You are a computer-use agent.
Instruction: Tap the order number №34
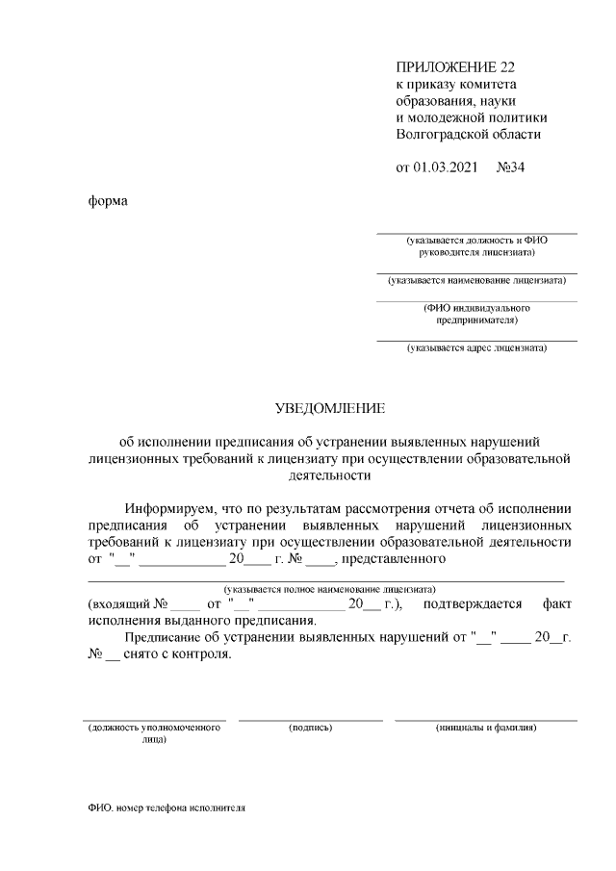(511, 167)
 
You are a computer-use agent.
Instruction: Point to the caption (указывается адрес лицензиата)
(476, 347)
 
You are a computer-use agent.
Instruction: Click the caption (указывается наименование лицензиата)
(476, 281)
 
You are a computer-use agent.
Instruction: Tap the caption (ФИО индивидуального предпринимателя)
(476, 314)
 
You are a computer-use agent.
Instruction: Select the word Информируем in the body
(170, 509)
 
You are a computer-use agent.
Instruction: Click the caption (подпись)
(310, 728)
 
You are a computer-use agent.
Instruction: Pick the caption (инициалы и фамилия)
(486, 728)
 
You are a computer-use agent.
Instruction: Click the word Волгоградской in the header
(439, 134)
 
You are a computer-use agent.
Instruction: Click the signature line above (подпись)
(310, 719)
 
